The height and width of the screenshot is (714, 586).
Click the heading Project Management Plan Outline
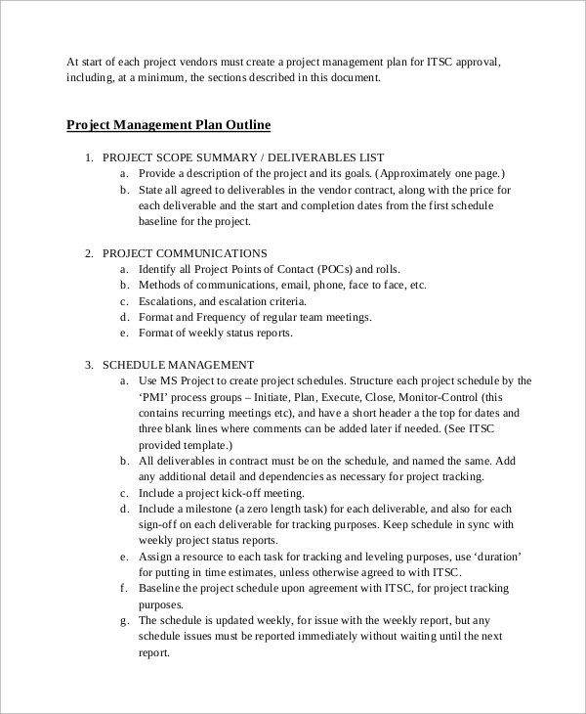click(168, 125)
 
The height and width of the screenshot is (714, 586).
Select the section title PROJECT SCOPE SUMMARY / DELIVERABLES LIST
click(243, 157)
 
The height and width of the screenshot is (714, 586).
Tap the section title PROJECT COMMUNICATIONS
click(185, 253)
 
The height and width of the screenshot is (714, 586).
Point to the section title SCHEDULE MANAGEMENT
click(179, 365)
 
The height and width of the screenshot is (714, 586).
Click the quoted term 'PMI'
click(155, 397)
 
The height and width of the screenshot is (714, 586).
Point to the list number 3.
click(89, 365)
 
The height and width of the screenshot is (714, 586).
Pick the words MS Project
click(190, 380)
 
